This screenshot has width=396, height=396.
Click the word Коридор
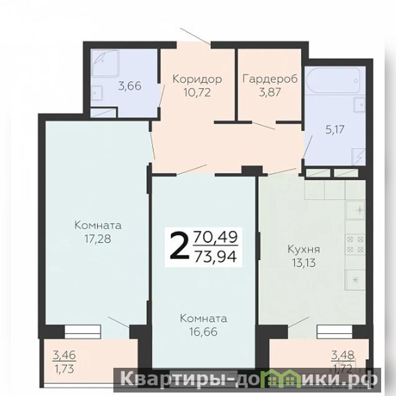tap(197, 79)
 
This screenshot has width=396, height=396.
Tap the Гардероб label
tap(270, 79)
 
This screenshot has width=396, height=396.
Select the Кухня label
tap(304, 249)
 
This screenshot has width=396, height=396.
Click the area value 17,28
tap(98, 239)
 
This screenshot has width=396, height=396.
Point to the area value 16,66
tap(203, 332)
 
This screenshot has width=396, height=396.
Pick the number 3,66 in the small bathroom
tap(130, 86)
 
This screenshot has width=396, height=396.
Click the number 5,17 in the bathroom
tap(335, 130)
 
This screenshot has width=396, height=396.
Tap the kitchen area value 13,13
tap(304, 263)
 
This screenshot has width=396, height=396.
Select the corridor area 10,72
tap(197, 93)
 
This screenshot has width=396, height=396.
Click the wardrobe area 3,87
tap(270, 92)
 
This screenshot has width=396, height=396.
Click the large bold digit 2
tap(180, 247)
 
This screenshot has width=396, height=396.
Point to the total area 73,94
tap(216, 257)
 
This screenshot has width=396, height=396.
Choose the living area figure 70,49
tap(216, 238)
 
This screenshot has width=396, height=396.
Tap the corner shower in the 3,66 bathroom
tap(105, 63)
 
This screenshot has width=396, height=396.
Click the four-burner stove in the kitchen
tap(355, 244)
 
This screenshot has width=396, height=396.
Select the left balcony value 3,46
tap(64, 355)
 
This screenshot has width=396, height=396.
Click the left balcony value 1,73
tap(64, 369)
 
